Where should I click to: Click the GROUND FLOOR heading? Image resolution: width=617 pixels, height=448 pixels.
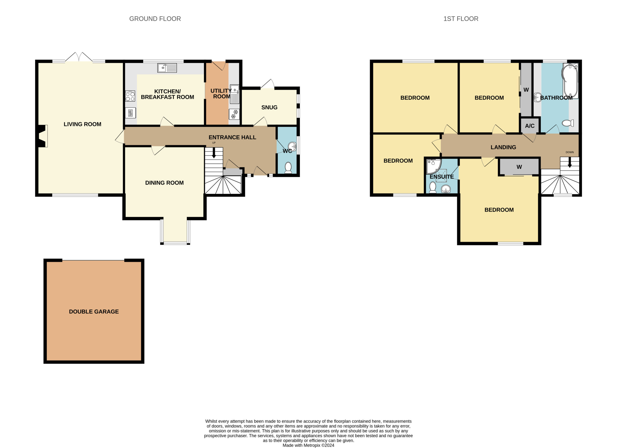coord(155,19)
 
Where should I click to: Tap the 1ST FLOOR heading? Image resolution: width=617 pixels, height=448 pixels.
coord(461,19)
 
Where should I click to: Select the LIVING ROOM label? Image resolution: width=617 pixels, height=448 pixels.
coord(82,124)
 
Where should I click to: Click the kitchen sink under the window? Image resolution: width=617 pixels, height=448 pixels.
coord(167,68)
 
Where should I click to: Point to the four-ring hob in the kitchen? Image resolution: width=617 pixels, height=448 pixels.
coord(130,96)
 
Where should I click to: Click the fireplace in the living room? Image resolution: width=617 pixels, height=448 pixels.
coord(42,136)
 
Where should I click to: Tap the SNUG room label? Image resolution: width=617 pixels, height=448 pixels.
coord(269,107)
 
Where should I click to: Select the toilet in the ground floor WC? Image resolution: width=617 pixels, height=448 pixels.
coord(288,168)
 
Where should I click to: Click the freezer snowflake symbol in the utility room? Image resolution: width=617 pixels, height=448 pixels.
coord(234,114)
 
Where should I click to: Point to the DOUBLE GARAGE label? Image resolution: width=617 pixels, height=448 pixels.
coord(94,311)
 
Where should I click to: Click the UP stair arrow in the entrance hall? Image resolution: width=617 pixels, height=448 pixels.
coord(214,153)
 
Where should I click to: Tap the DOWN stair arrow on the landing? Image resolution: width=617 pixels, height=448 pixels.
coord(570,163)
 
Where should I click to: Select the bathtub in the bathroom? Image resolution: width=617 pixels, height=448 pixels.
coord(570,81)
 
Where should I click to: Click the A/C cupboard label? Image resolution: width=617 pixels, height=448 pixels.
coord(530,126)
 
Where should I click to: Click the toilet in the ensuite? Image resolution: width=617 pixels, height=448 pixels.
coord(433,187)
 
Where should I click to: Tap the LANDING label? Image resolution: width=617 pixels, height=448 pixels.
coord(503,147)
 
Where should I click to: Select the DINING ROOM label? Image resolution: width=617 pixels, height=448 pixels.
coord(164,183)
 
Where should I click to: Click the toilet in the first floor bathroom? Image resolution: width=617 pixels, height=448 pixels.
coord(568,123)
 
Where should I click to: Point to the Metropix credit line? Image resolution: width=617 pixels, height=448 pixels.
coord(308,445)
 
